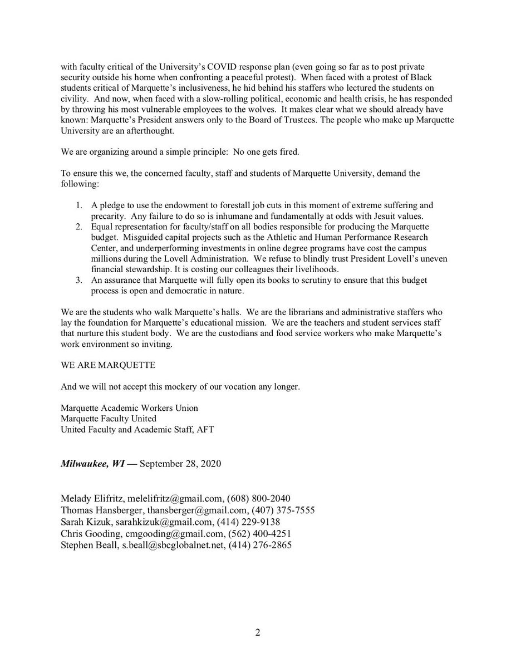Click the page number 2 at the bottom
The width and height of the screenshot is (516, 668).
tap(258, 632)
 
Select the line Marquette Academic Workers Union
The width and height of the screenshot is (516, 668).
tap(130, 408)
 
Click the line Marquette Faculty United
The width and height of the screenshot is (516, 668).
tap(109, 418)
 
